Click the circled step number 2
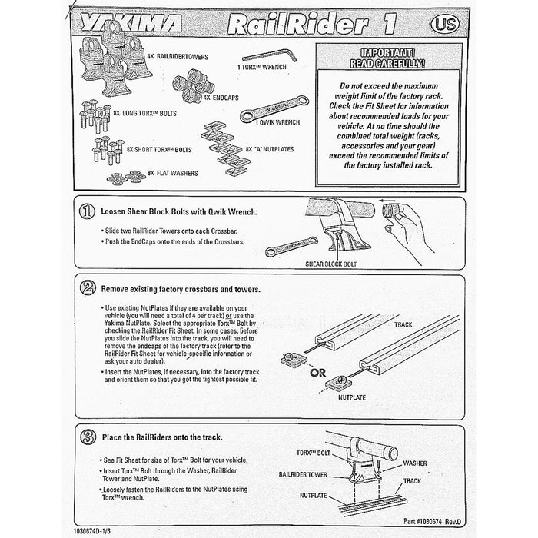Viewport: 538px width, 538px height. coord(87,289)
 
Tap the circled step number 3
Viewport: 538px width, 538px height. coord(87,437)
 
